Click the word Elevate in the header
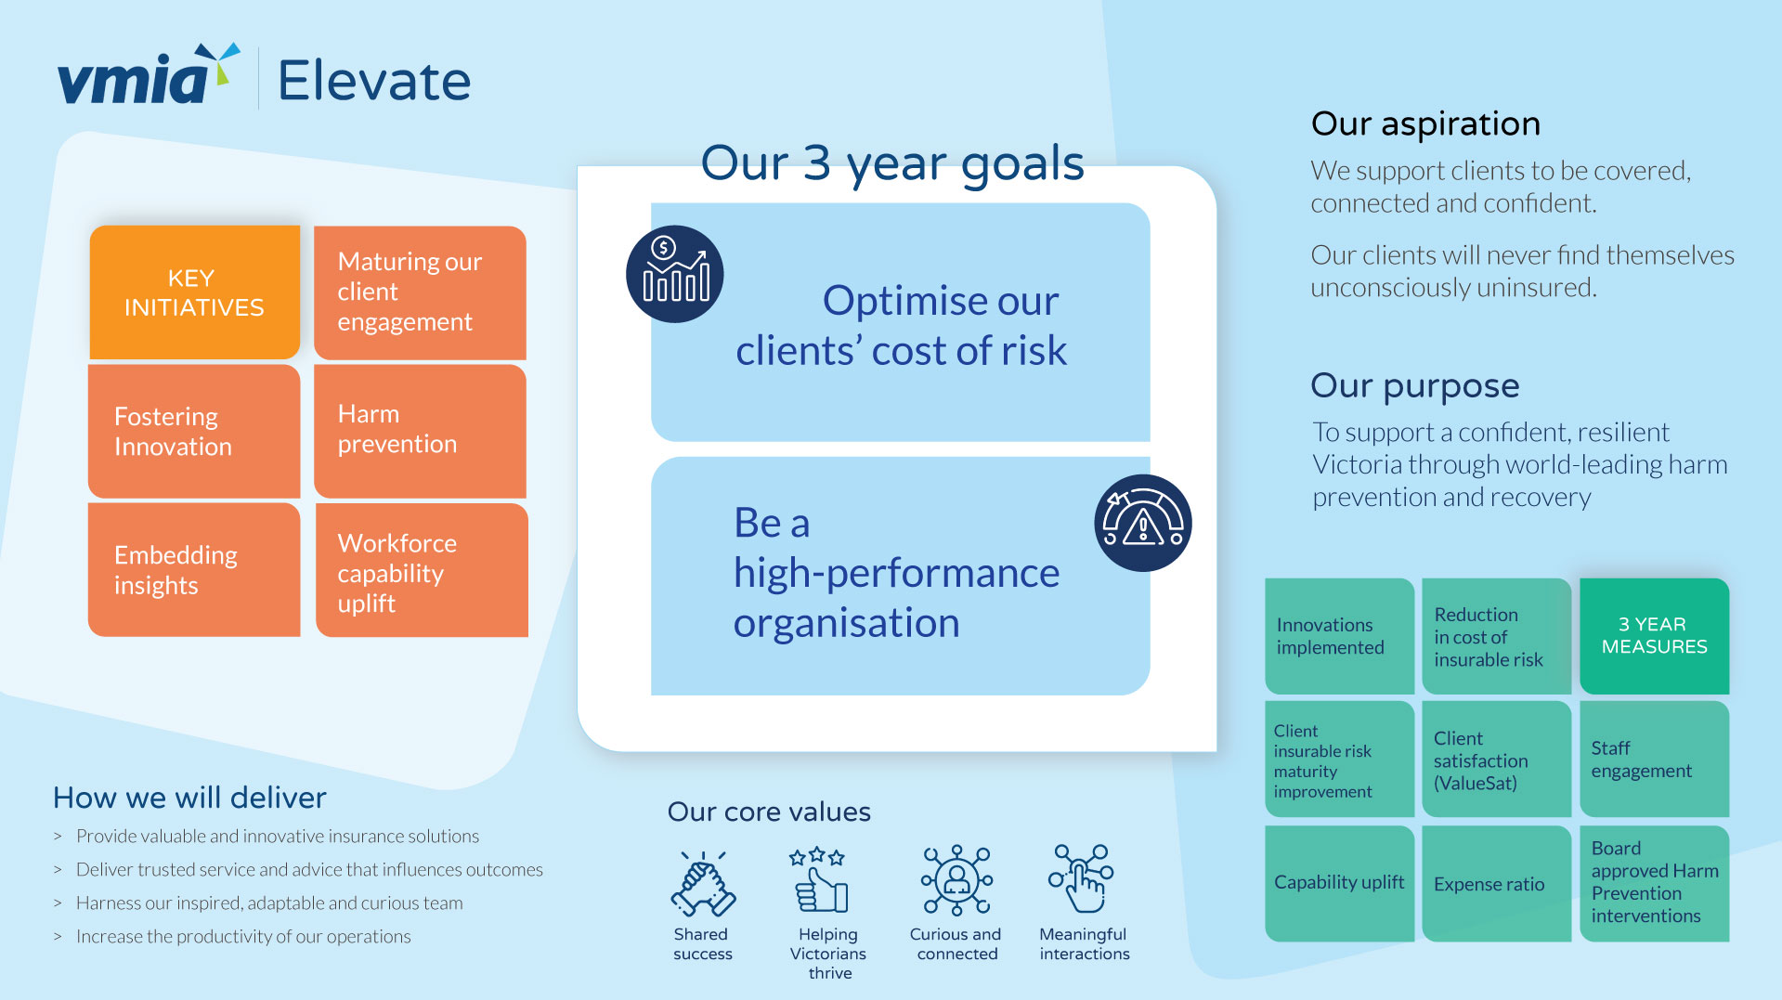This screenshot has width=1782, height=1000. click(x=374, y=81)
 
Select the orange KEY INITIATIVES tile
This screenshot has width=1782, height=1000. click(x=194, y=292)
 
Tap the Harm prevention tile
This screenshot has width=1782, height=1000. click(x=420, y=431)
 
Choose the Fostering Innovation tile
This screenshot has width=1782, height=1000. click(x=194, y=431)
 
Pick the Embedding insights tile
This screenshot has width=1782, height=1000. click(x=194, y=569)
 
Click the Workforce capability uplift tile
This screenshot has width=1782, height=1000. click(x=422, y=569)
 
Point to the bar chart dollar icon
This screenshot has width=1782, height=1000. click(x=675, y=274)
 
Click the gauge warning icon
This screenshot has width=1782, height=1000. click(x=1143, y=523)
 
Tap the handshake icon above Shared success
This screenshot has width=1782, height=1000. click(x=703, y=883)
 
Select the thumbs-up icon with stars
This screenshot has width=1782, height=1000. click(x=820, y=879)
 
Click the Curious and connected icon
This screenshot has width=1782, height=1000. click(x=957, y=879)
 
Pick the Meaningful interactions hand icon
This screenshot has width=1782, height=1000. click(x=1082, y=878)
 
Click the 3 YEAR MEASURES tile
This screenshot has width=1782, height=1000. click(x=1654, y=636)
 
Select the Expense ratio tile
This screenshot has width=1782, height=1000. click(x=1496, y=884)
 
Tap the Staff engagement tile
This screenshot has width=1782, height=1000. click(x=1654, y=760)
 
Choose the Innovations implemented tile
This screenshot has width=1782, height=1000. click(x=1339, y=636)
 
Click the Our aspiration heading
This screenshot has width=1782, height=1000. click(x=1425, y=123)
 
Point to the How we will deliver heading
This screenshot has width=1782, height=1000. click(x=189, y=798)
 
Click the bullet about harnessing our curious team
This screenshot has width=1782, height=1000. click(x=269, y=903)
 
